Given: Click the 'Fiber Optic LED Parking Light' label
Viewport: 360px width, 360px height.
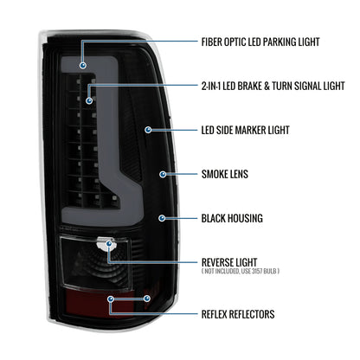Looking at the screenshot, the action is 260,42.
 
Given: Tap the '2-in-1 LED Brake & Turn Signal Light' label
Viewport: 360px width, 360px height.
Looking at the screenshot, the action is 273,86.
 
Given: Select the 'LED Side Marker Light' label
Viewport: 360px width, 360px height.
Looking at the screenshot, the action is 245,130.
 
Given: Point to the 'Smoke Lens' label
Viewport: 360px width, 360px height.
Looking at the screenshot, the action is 225,174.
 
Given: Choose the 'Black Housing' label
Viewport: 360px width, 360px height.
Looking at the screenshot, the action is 232,218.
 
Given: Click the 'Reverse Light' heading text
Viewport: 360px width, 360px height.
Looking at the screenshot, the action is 229,262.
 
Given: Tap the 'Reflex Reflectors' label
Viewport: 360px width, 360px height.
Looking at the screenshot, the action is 238,314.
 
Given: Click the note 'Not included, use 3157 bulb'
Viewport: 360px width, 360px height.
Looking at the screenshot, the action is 241,271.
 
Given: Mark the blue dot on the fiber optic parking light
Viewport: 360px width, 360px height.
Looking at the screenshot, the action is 83,66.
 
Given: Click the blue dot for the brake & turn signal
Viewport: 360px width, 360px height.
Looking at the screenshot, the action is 89,100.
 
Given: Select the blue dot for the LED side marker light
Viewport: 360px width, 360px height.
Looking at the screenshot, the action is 148,130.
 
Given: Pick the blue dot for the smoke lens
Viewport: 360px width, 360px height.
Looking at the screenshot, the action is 163,174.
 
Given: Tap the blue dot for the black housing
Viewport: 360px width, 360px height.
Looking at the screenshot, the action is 162,218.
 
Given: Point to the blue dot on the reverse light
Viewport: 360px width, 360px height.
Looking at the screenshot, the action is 109,244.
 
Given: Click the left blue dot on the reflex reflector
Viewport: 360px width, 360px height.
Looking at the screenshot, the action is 111,299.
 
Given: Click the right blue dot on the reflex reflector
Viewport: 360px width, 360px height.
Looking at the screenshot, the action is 147,299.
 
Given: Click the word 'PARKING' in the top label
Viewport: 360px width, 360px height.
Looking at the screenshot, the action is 280,42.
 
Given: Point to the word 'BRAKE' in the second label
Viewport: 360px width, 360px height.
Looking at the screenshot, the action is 250,86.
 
